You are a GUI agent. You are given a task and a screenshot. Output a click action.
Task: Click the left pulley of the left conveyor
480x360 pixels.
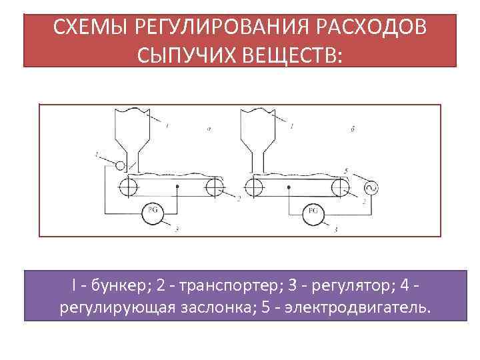pos(126,187)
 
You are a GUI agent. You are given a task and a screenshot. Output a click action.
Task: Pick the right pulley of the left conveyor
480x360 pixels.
pos(215,187)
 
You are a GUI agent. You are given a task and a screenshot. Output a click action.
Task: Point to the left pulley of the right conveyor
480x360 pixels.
pos(253,187)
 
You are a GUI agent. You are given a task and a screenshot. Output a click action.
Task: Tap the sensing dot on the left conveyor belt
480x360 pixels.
pos(177,187)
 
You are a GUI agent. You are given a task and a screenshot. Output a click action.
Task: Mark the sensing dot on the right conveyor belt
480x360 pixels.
pos(288,187)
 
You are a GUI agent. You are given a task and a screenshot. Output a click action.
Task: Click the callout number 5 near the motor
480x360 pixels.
pos(345,171)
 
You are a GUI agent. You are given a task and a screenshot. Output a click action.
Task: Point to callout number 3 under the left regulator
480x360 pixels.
pos(177,229)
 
